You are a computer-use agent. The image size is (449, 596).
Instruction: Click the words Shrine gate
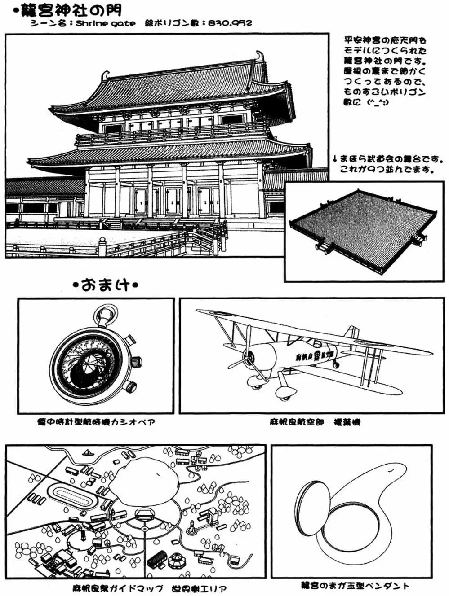click(x=105, y=23)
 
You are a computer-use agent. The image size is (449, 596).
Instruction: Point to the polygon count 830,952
click(x=230, y=23)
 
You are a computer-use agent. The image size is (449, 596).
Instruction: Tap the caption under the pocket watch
click(x=96, y=422)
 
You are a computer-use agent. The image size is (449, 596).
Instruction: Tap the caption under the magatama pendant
click(x=355, y=585)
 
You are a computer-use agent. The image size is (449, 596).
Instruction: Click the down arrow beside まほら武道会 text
click(x=335, y=159)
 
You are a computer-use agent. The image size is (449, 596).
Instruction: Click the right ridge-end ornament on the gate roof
click(x=260, y=57)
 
